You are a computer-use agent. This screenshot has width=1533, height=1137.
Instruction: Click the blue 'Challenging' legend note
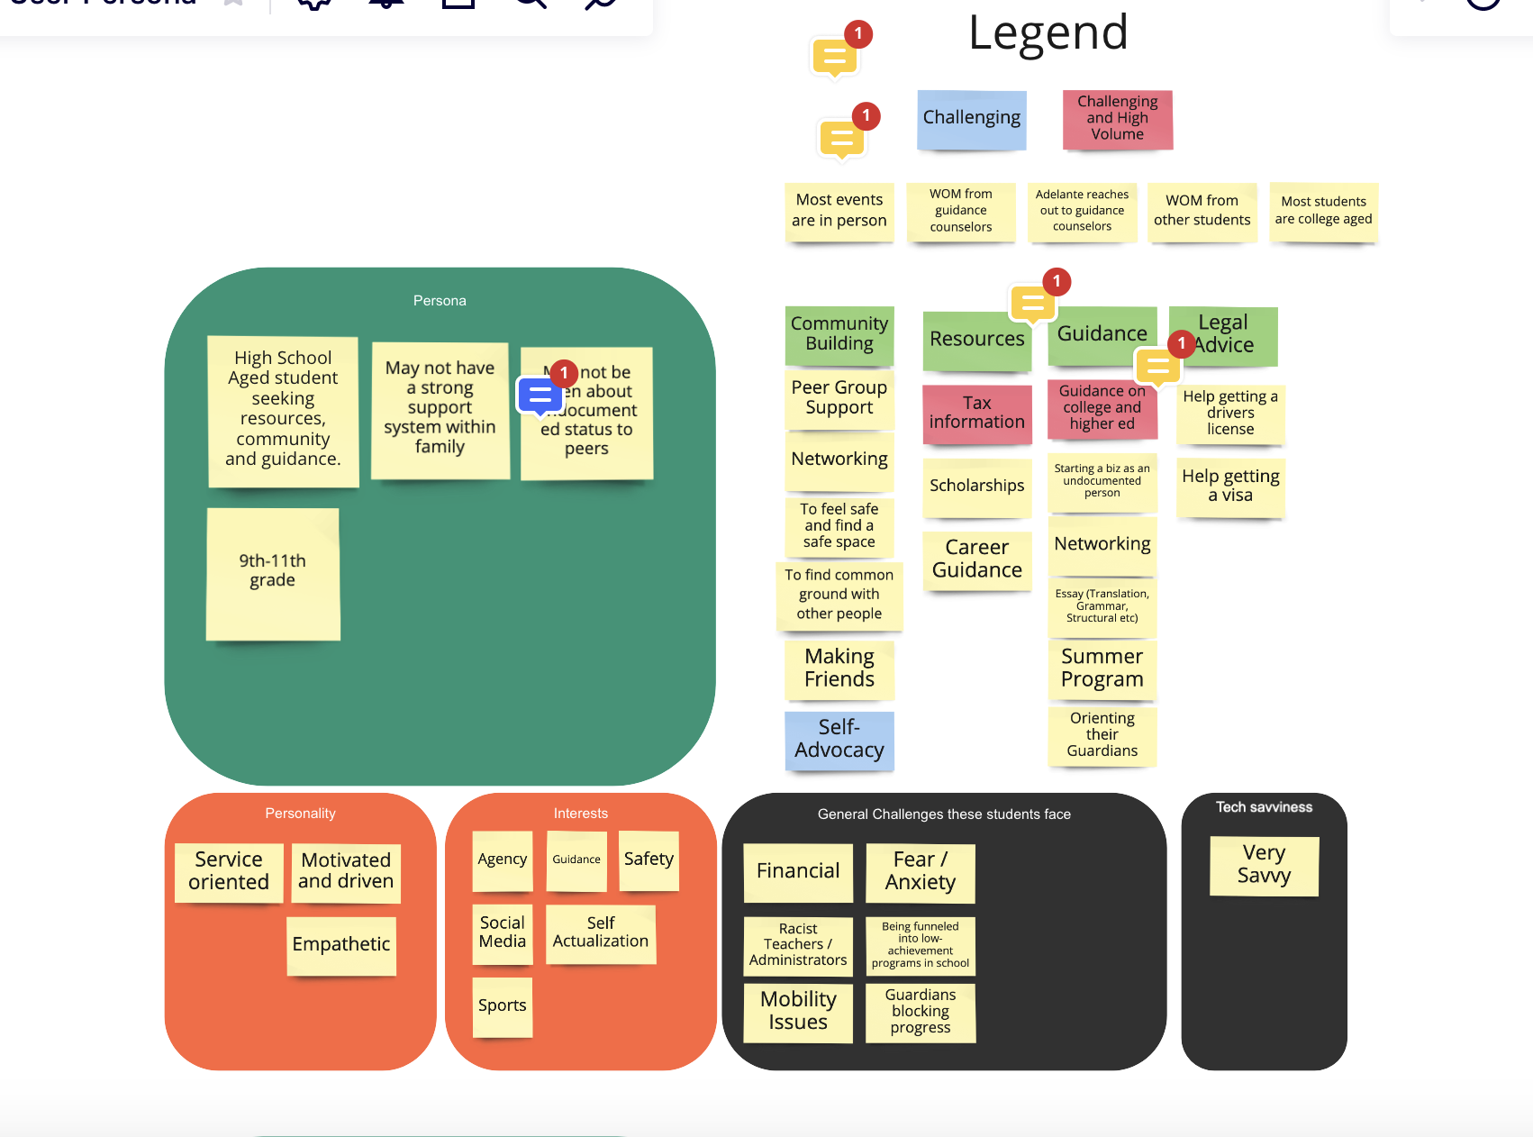point(971,118)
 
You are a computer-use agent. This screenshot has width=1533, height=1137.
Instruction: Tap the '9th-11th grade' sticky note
point(272,572)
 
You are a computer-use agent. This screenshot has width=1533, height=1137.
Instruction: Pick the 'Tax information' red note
point(976,413)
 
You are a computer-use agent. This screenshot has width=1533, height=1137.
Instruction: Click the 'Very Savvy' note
point(1264,865)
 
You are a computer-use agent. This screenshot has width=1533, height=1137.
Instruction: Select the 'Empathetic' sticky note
point(340,944)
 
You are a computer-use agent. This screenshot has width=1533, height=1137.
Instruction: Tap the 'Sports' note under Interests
point(502,1005)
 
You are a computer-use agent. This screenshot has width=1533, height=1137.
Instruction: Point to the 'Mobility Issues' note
point(797,1011)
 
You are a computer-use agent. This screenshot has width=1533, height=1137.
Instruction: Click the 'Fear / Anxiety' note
point(920,871)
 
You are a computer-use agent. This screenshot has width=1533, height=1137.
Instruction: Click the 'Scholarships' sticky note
point(976,487)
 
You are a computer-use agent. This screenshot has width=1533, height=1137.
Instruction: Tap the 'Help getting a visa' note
point(1230,486)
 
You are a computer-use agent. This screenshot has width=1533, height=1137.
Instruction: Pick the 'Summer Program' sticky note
point(1102,669)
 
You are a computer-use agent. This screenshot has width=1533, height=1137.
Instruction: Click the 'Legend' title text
point(1048,33)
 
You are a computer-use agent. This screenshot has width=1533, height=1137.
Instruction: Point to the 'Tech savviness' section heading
point(1264,807)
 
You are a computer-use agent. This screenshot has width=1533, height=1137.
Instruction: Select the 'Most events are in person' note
point(839,211)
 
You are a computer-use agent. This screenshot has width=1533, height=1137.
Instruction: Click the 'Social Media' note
point(502,932)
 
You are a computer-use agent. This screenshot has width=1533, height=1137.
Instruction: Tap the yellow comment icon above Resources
point(1033,303)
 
